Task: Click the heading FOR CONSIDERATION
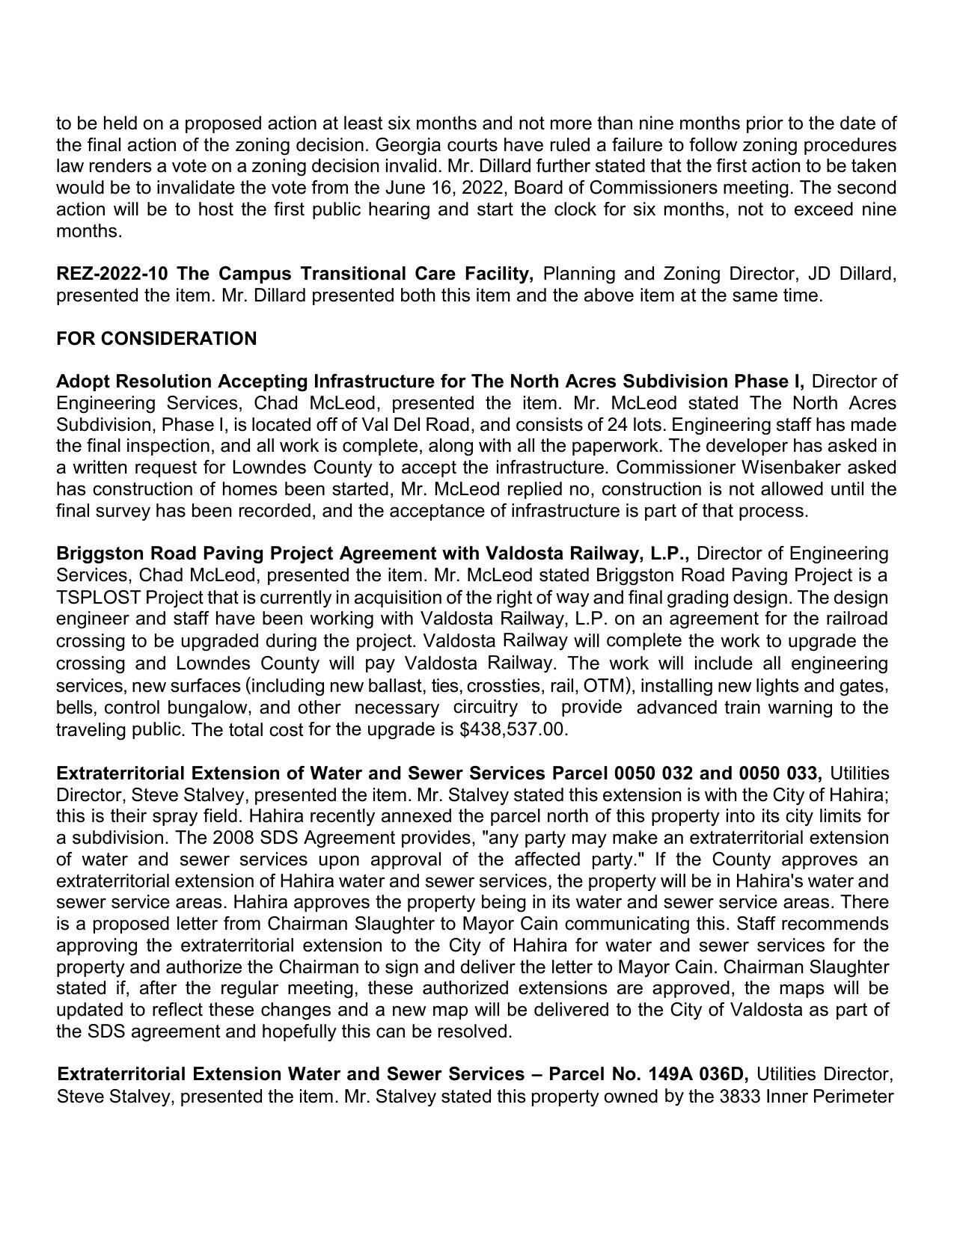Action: point(156,339)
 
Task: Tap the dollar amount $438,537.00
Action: point(513,729)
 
